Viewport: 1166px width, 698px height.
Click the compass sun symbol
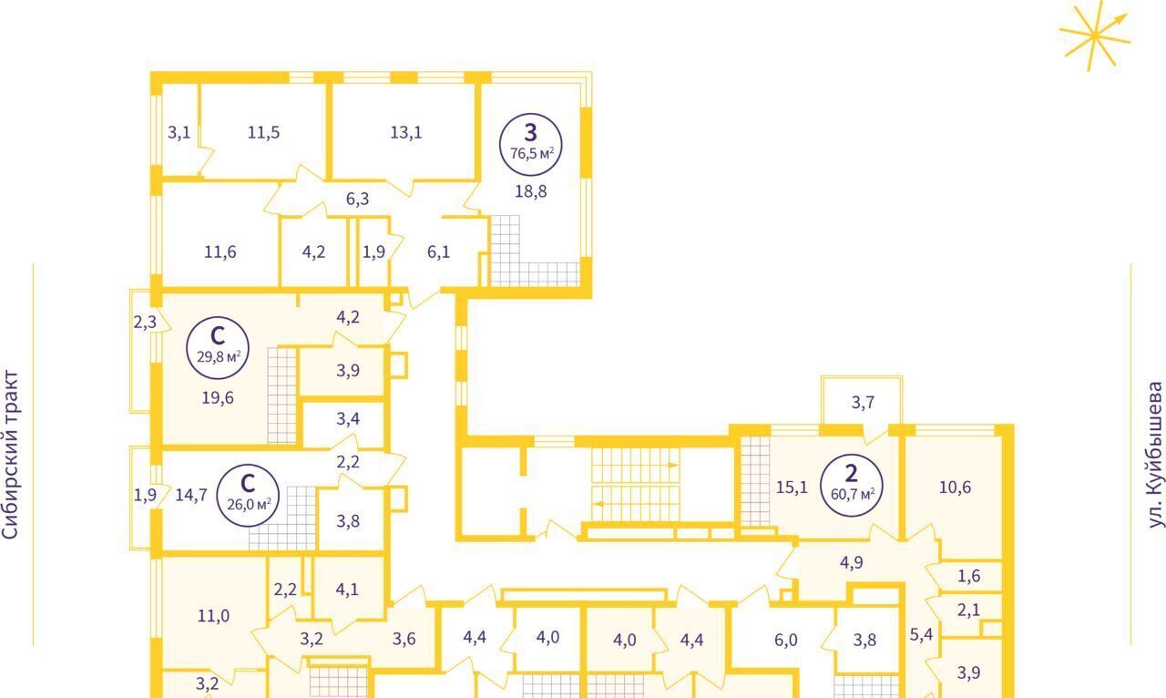1095,36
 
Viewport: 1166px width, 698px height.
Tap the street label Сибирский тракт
10,455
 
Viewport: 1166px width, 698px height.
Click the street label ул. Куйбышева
1155,455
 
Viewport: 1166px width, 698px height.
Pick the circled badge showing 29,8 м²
218,348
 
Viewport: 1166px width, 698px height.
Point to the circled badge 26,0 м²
248,496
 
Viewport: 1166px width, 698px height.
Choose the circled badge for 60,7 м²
852,485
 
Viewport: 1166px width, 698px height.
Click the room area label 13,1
406,132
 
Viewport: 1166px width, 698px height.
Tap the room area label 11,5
263,132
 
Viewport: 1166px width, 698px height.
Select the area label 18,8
530,191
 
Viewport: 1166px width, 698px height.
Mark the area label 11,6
220,252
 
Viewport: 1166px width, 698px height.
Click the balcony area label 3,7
863,403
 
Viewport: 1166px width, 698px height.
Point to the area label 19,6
218,398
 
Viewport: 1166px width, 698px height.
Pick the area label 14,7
191,495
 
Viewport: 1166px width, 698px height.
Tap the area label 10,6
955,488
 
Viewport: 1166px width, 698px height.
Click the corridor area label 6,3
358,199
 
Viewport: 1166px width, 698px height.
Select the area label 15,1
792,488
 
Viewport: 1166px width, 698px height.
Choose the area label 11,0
213,616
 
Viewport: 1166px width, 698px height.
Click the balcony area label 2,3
145,323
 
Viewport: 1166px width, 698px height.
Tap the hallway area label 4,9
851,562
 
